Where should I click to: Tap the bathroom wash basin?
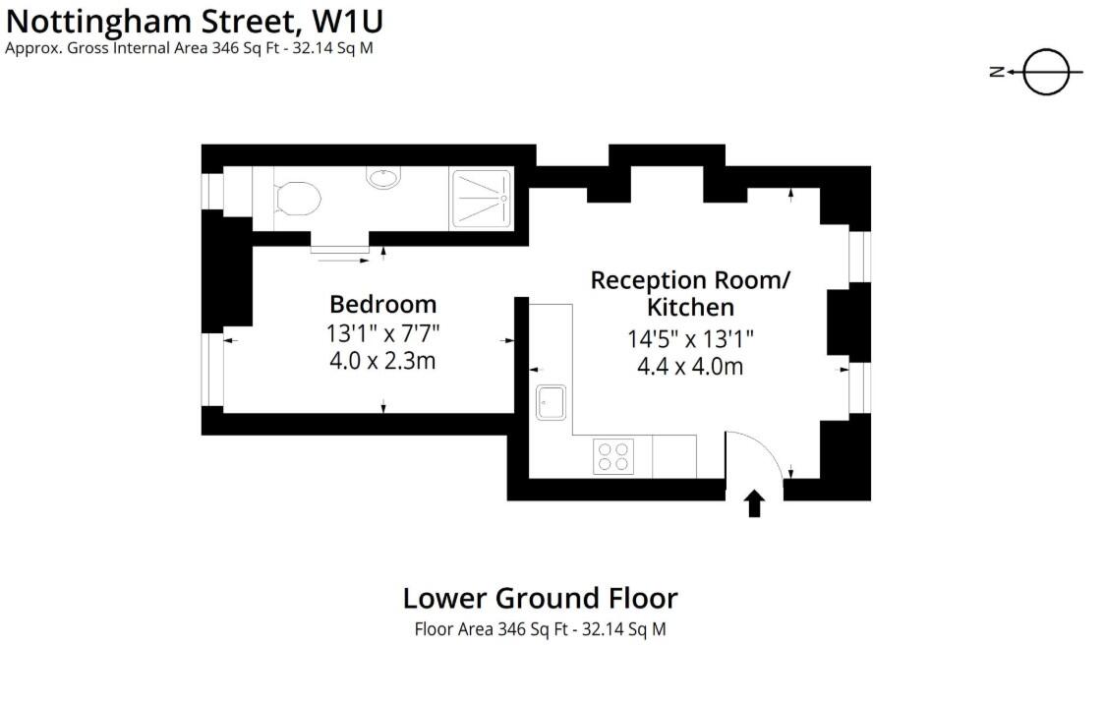click(x=382, y=177)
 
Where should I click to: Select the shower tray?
click(x=482, y=200)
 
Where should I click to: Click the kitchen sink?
click(x=551, y=401)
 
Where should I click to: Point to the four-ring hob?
click(x=613, y=456)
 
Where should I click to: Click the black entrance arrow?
click(x=755, y=503)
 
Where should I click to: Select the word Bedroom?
click(x=382, y=304)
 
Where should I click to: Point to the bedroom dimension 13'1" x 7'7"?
click(x=382, y=333)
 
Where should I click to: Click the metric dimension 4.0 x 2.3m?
click(x=382, y=361)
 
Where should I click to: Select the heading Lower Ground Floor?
click(x=540, y=598)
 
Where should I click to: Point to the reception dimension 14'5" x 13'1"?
click(x=690, y=339)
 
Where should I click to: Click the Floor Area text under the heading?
click(x=540, y=629)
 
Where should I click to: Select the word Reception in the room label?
click(x=648, y=280)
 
